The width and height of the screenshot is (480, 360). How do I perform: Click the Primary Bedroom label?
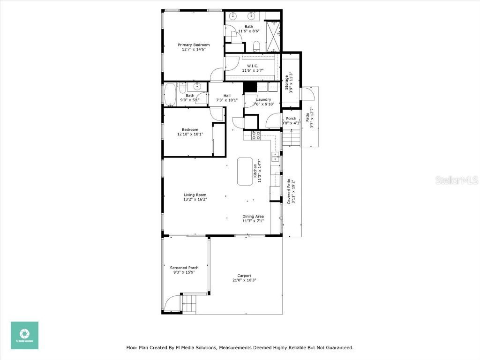point(193,45)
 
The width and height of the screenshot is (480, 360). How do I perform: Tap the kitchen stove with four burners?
point(256,135)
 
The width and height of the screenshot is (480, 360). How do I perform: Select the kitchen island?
point(246,172)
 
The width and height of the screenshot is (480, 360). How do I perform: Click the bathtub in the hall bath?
point(170,95)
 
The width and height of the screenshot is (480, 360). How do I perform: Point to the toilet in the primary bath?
point(256,45)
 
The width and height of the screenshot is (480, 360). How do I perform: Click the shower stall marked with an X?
point(272,37)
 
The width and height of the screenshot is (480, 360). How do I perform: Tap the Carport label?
point(244,276)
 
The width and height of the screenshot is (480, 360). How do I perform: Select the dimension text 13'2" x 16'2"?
point(195,199)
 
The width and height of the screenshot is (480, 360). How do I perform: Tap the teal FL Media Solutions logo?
point(24,335)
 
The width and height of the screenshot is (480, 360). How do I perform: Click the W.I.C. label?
point(253,66)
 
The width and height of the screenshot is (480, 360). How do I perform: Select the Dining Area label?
point(253,216)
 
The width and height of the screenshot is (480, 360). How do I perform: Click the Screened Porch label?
point(184,268)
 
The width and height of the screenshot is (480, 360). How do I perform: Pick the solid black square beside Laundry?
point(249,87)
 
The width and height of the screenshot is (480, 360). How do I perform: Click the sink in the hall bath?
point(198,86)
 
